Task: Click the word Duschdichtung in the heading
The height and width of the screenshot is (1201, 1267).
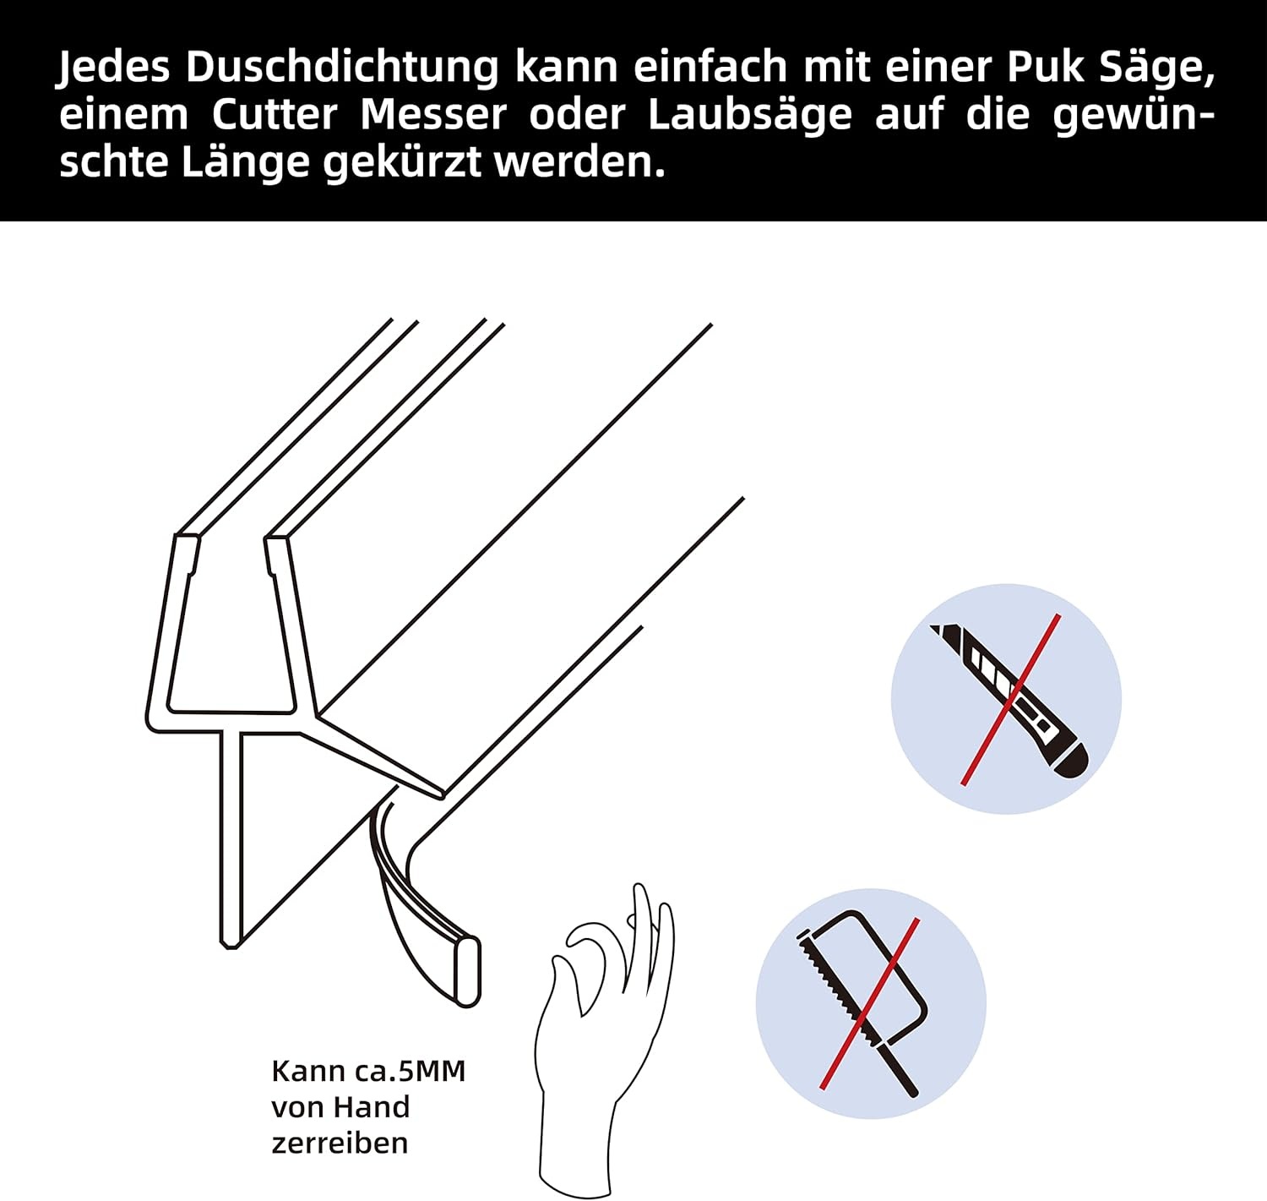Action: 342,68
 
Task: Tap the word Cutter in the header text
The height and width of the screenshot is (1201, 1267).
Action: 274,115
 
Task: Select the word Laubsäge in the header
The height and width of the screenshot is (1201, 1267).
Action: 749,115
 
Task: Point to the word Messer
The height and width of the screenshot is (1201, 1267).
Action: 433,115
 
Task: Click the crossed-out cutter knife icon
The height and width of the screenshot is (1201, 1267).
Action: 1007,699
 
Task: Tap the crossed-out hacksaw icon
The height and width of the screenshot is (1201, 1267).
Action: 870,1003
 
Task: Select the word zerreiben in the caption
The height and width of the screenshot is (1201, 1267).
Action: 340,1143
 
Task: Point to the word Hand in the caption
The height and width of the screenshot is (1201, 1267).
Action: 371,1107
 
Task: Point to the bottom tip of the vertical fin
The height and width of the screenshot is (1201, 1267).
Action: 230,942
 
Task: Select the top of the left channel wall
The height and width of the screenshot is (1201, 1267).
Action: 187,538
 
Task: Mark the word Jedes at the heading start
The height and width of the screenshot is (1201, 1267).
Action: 114,68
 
